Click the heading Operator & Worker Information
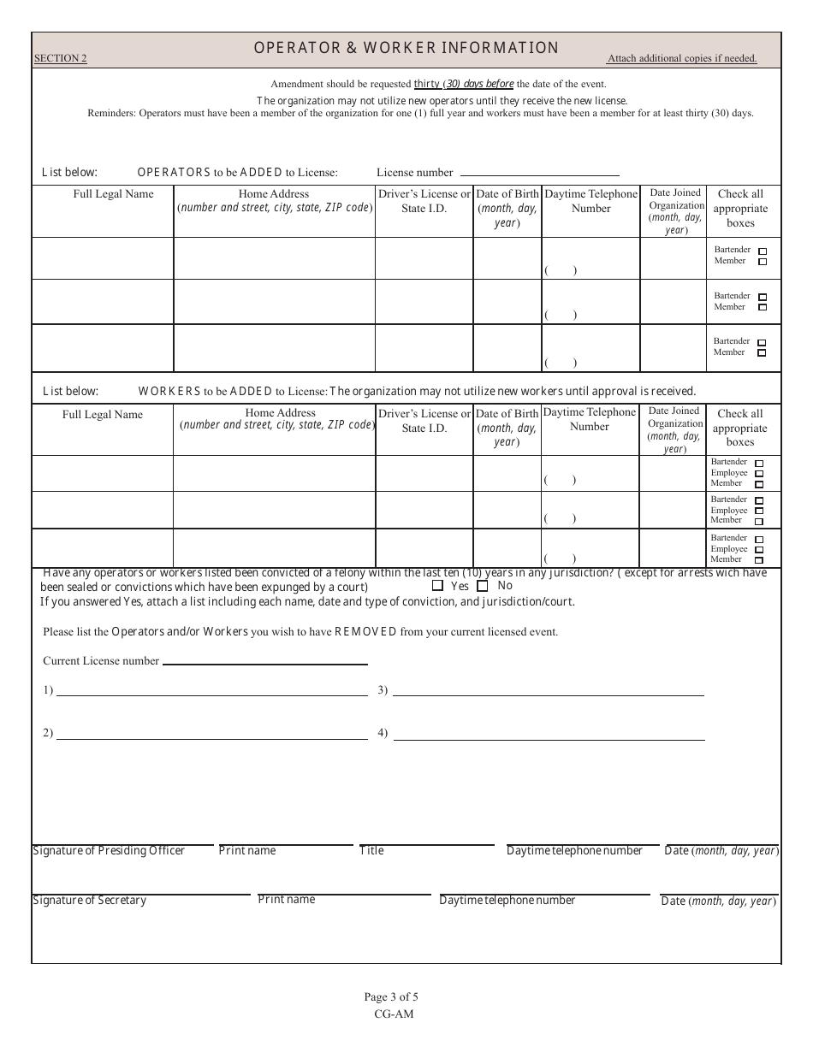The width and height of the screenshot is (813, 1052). pyautogui.click(x=406, y=48)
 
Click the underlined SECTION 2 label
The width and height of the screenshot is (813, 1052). pyautogui.click(x=60, y=59)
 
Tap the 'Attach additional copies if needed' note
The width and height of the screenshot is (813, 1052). pyautogui.click(x=681, y=59)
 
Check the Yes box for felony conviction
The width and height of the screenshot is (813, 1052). pyautogui.click(x=438, y=586)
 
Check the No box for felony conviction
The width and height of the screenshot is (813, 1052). pyautogui.click(x=483, y=586)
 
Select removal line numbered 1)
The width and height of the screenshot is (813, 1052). pyautogui.click(x=211, y=691)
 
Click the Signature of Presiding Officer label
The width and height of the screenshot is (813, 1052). pyautogui.click(x=109, y=851)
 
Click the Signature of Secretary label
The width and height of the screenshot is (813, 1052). pyautogui.click(x=89, y=901)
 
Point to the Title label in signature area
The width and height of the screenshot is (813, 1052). pyautogui.click(x=371, y=851)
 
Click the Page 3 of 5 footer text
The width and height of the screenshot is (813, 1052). pyautogui.click(x=391, y=996)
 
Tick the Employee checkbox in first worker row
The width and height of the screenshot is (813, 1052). pyautogui.click(x=759, y=473)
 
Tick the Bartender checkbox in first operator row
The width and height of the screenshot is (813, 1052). pyautogui.click(x=763, y=251)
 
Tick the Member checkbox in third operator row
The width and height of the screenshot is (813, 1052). pyautogui.click(x=762, y=352)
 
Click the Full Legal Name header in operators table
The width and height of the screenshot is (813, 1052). pyautogui.click(x=113, y=194)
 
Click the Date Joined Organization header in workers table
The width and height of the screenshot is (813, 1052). pyautogui.click(x=674, y=424)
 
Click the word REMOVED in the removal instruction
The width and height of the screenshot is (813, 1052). pyautogui.click(x=365, y=632)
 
